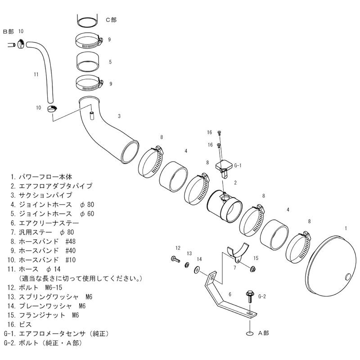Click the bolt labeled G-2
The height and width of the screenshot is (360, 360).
coord(249,297)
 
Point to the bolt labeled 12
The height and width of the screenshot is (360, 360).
coord(174,260)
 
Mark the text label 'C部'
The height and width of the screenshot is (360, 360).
coord(111,19)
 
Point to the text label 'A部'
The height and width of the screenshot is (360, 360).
coord(263,333)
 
